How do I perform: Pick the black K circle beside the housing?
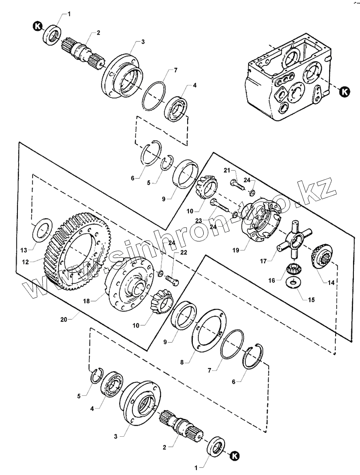pos(344,91)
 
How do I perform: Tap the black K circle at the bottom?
pos(235,456)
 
